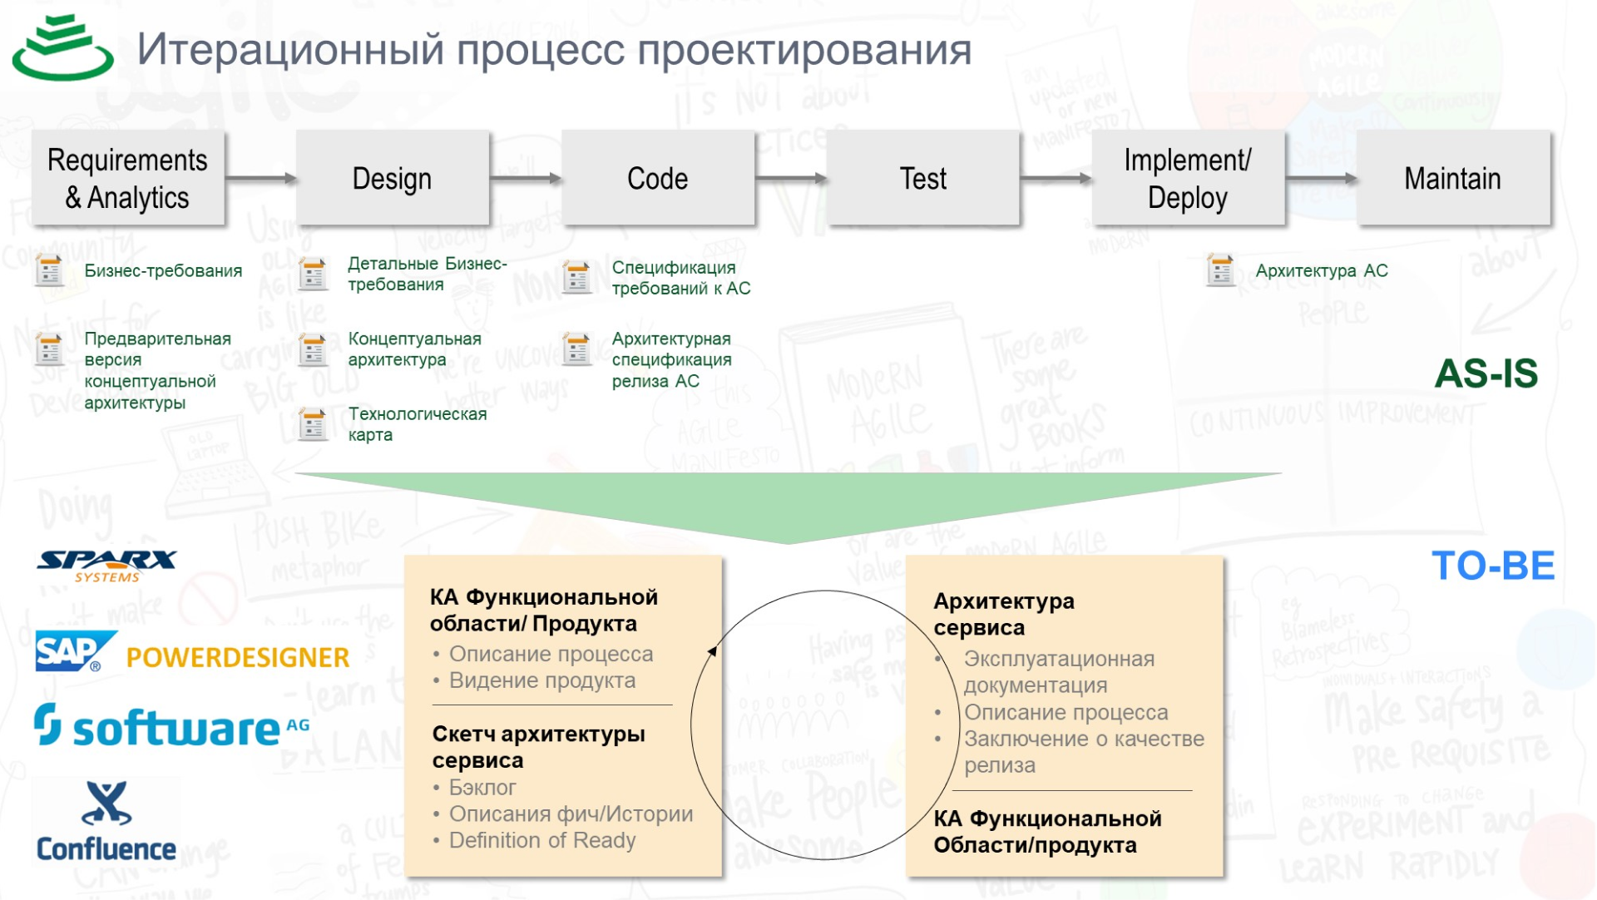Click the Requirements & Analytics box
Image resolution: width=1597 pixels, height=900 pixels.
point(127,178)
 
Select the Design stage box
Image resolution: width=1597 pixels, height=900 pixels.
point(392,178)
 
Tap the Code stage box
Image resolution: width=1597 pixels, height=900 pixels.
point(657,178)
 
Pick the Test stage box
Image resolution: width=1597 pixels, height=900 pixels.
point(922,178)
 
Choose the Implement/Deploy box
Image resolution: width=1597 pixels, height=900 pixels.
point(1187,178)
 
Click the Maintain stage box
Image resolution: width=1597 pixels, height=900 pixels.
point(1452,178)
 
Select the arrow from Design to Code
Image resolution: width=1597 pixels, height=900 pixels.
point(525,178)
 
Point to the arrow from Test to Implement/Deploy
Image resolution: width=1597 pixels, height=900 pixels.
point(1056,178)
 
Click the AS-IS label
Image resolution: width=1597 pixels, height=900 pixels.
point(1486,373)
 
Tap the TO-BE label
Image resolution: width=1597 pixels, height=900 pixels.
point(1492,566)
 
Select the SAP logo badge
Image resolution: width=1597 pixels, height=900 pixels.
point(73,651)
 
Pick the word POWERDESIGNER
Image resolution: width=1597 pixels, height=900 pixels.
point(237,657)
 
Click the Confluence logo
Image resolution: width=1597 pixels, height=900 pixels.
point(106,822)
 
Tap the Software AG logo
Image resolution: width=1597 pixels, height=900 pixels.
point(171,726)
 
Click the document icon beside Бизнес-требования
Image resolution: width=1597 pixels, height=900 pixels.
point(49,270)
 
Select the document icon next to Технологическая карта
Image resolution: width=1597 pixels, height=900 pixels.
point(313,424)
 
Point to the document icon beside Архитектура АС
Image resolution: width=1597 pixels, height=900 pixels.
point(1219,270)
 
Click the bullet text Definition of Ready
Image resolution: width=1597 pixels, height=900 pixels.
point(541,840)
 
